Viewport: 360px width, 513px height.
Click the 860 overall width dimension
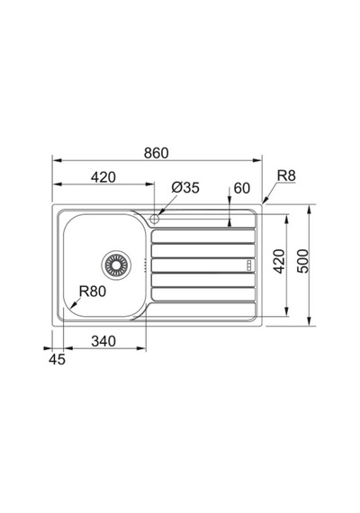pos(157,153)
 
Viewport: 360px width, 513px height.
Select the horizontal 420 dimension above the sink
pos(103,177)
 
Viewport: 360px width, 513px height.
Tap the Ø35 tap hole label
pos(185,187)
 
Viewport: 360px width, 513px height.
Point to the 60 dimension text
pos(242,188)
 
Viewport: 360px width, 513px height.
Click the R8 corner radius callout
pos(286,175)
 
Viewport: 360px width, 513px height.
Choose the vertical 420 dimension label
pos(279,261)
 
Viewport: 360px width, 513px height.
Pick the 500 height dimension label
pos(302,261)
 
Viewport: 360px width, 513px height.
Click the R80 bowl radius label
pos(93,292)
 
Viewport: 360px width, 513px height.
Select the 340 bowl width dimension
pos(103,341)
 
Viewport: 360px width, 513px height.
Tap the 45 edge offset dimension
pos(57,360)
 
